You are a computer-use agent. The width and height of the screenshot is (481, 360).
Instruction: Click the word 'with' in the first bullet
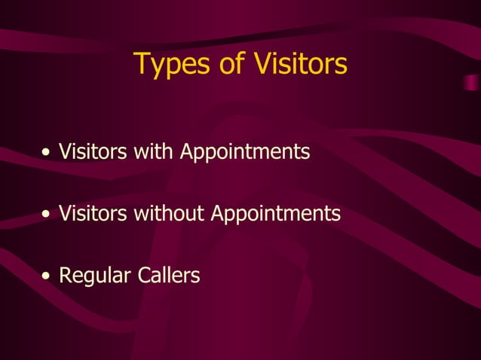click(x=154, y=152)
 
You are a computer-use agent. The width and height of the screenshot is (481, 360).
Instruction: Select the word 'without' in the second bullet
click(x=169, y=214)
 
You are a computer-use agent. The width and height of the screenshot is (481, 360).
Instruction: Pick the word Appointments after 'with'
click(x=245, y=153)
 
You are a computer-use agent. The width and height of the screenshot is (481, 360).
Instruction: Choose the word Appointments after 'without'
click(x=276, y=215)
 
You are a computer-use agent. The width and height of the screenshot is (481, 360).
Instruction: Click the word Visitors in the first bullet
click(x=93, y=152)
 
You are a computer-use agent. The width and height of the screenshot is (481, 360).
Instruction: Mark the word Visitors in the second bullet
click(x=93, y=214)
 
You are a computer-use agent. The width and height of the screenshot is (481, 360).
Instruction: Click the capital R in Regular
click(x=65, y=276)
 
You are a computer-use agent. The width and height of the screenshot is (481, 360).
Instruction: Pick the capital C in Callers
click(x=144, y=276)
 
